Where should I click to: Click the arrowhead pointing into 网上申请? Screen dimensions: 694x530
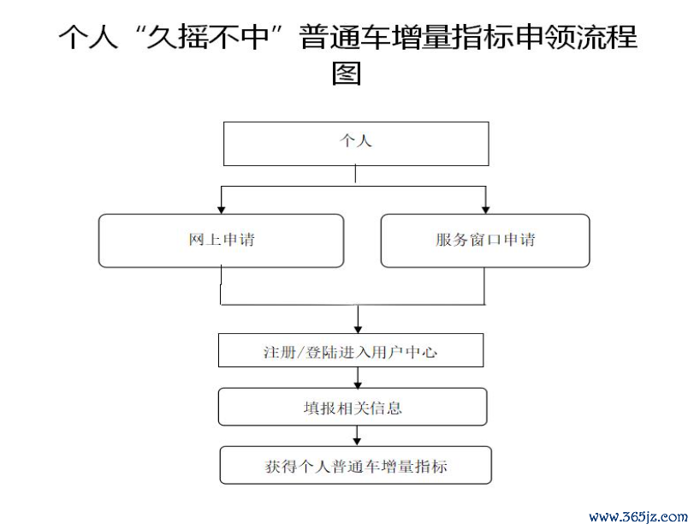point(222,210)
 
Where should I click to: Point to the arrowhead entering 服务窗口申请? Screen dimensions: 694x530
point(485,210)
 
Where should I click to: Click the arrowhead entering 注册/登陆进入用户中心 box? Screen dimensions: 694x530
point(358,330)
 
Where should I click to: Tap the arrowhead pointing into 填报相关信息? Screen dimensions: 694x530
point(358,384)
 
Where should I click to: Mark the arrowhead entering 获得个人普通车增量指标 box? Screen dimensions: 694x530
point(357,442)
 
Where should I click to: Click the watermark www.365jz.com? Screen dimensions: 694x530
point(638,516)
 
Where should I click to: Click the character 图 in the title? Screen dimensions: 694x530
point(347,73)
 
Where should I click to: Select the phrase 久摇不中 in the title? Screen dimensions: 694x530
point(208,36)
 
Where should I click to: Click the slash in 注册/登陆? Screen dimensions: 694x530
point(300,353)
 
